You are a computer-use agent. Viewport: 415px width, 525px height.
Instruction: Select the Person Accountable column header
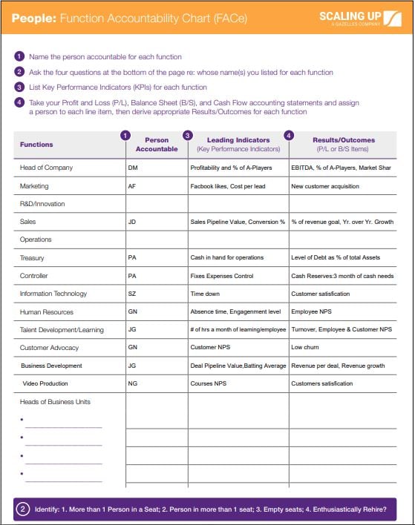(157, 144)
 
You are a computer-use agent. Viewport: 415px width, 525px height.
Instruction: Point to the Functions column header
(36, 144)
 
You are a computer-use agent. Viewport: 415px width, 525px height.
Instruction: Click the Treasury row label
(33, 258)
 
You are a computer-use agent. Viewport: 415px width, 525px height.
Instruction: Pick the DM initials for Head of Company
(133, 168)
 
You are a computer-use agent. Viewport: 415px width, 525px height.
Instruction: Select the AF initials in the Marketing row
(132, 186)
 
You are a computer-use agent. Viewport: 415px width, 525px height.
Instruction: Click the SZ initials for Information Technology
(132, 294)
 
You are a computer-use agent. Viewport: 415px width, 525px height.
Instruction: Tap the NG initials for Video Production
(132, 383)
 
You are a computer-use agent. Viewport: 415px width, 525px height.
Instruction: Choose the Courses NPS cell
(208, 383)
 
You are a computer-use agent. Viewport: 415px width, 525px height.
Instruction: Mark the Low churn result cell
(307, 348)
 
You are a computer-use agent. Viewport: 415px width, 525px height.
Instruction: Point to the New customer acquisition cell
(326, 186)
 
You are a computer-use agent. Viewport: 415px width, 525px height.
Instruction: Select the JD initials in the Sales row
(132, 222)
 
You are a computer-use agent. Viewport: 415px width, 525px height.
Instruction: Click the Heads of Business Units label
(56, 402)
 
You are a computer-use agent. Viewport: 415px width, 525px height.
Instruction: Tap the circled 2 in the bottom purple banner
(23, 509)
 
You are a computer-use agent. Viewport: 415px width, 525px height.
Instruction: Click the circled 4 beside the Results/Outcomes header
(289, 136)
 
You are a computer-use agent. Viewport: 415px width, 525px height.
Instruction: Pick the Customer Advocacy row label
(49, 348)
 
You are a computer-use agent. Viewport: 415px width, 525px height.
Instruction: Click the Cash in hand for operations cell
(227, 258)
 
